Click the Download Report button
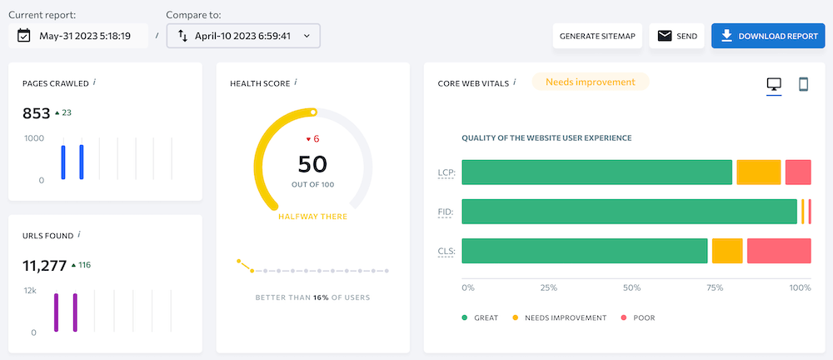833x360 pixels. click(x=767, y=36)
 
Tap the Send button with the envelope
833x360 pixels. click(x=676, y=36)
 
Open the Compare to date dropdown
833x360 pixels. click(x=243, y=36)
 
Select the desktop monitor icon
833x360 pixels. click(x=774, y=84)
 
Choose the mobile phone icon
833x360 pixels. click(x=804, y=84)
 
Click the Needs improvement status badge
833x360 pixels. click(x=590, y=82)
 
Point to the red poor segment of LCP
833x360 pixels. click(x=798, y=172)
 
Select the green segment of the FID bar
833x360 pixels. click(x=629, y=212)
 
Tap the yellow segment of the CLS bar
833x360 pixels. click(x=727, y=251)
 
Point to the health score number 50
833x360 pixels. click(x=312, y=163)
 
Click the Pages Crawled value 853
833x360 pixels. click(x=35, y=112)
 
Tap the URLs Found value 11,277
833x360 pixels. click(x=43, y=265)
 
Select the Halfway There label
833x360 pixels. click(x=312, y=217)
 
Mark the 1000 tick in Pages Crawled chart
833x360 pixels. click(x=34, y=138)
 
